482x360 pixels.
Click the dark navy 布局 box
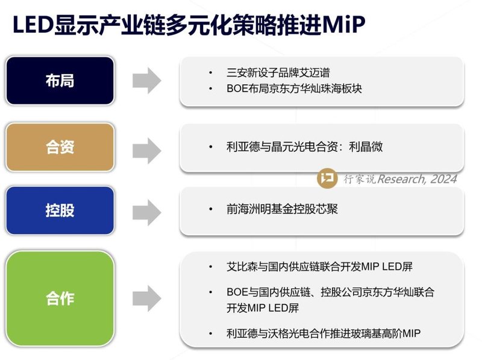(x=60, y=81)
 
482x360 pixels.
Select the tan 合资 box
(x=60, y=147)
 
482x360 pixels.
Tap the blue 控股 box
(x=60, y=210)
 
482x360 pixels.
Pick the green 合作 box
(x=60, y=298)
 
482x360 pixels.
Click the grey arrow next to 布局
(x=146, y=81)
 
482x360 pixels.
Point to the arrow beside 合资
(x=146, y=148)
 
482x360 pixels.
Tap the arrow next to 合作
(x=146, y=298)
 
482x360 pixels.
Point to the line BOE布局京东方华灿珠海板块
(x=294, y=89)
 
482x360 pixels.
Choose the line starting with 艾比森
(x=319, y=266)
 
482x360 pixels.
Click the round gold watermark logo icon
(x=327, y=178)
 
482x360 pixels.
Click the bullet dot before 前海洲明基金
(x=211, y=209)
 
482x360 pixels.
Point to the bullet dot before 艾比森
(x=211, y=266)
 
